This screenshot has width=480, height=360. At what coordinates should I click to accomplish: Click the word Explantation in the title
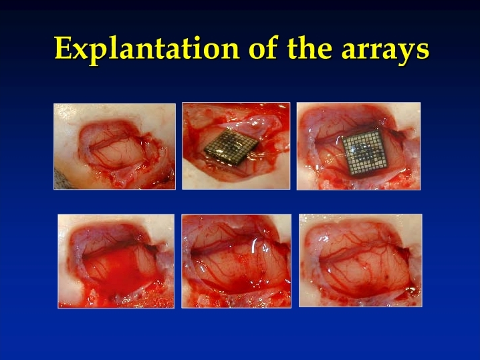147,49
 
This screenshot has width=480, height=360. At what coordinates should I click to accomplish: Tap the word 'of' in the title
263,47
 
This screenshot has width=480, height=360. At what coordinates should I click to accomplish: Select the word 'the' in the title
310,47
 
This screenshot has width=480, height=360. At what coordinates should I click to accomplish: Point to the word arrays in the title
386,51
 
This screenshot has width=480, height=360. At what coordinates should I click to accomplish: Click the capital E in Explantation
64,48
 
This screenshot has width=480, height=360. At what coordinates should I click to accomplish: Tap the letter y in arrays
406,54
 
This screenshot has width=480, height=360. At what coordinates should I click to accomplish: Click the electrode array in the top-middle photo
231,145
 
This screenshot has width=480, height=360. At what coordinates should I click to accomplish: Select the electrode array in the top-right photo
364,153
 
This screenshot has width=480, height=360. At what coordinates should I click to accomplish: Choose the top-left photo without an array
115,146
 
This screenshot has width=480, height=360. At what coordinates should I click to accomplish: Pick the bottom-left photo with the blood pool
116,261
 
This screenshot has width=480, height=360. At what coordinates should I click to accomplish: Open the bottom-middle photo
237,261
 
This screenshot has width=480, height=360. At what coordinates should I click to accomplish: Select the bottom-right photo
360,260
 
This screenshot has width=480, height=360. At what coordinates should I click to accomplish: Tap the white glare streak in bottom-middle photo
253,246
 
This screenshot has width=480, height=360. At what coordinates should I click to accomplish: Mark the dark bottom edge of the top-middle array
225,158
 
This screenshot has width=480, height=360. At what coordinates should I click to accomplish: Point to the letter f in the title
273,47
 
